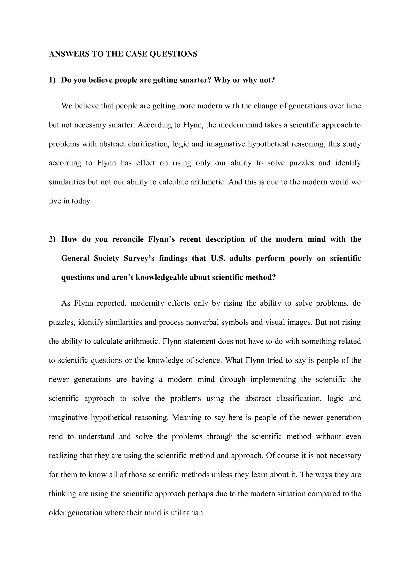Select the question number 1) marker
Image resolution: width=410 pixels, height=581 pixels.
click(x=52, y=80)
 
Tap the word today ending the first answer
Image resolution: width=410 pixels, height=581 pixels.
click(x=81, y=201)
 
